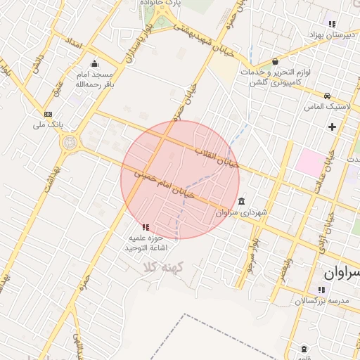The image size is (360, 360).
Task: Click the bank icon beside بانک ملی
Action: (48, 114)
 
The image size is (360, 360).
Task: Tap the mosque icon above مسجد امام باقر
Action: (94, 64)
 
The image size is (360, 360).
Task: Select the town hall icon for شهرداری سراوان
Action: (242, 201)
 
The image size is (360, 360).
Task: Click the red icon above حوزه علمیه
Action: (145, 227)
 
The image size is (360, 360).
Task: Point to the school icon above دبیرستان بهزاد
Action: (331, 25)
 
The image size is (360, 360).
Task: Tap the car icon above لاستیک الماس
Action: (327, 96)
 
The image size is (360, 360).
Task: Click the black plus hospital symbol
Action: (332, 127)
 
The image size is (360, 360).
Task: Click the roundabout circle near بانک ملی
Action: (70, 143)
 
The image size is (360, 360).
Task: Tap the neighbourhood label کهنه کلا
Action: (162, 268)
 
